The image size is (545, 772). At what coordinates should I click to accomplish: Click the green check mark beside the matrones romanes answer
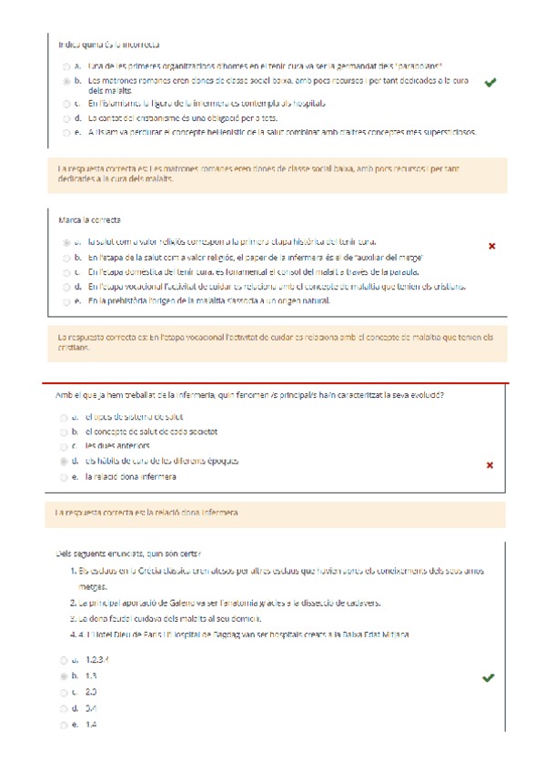[x=490, y=83]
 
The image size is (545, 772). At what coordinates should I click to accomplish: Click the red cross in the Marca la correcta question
[x=492, y=246]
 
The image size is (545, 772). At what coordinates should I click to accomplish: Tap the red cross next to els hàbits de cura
[x=490, y=465]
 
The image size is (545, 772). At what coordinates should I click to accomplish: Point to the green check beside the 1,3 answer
[x=489, y=678]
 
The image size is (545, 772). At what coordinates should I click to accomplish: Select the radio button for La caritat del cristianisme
[x=66, y=118]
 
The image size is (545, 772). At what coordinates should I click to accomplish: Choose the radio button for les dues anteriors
[x=66, y=446]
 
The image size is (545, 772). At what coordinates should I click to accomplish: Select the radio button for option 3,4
[x=64, y=708]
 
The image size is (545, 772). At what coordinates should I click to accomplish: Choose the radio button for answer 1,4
[x=64, y=725]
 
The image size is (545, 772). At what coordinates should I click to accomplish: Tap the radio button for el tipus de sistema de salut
[x=66, y=416]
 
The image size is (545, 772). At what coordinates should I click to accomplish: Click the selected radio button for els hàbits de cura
[x=66, y=462]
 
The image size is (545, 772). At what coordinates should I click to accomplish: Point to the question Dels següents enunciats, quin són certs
[x=128, y=553]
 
